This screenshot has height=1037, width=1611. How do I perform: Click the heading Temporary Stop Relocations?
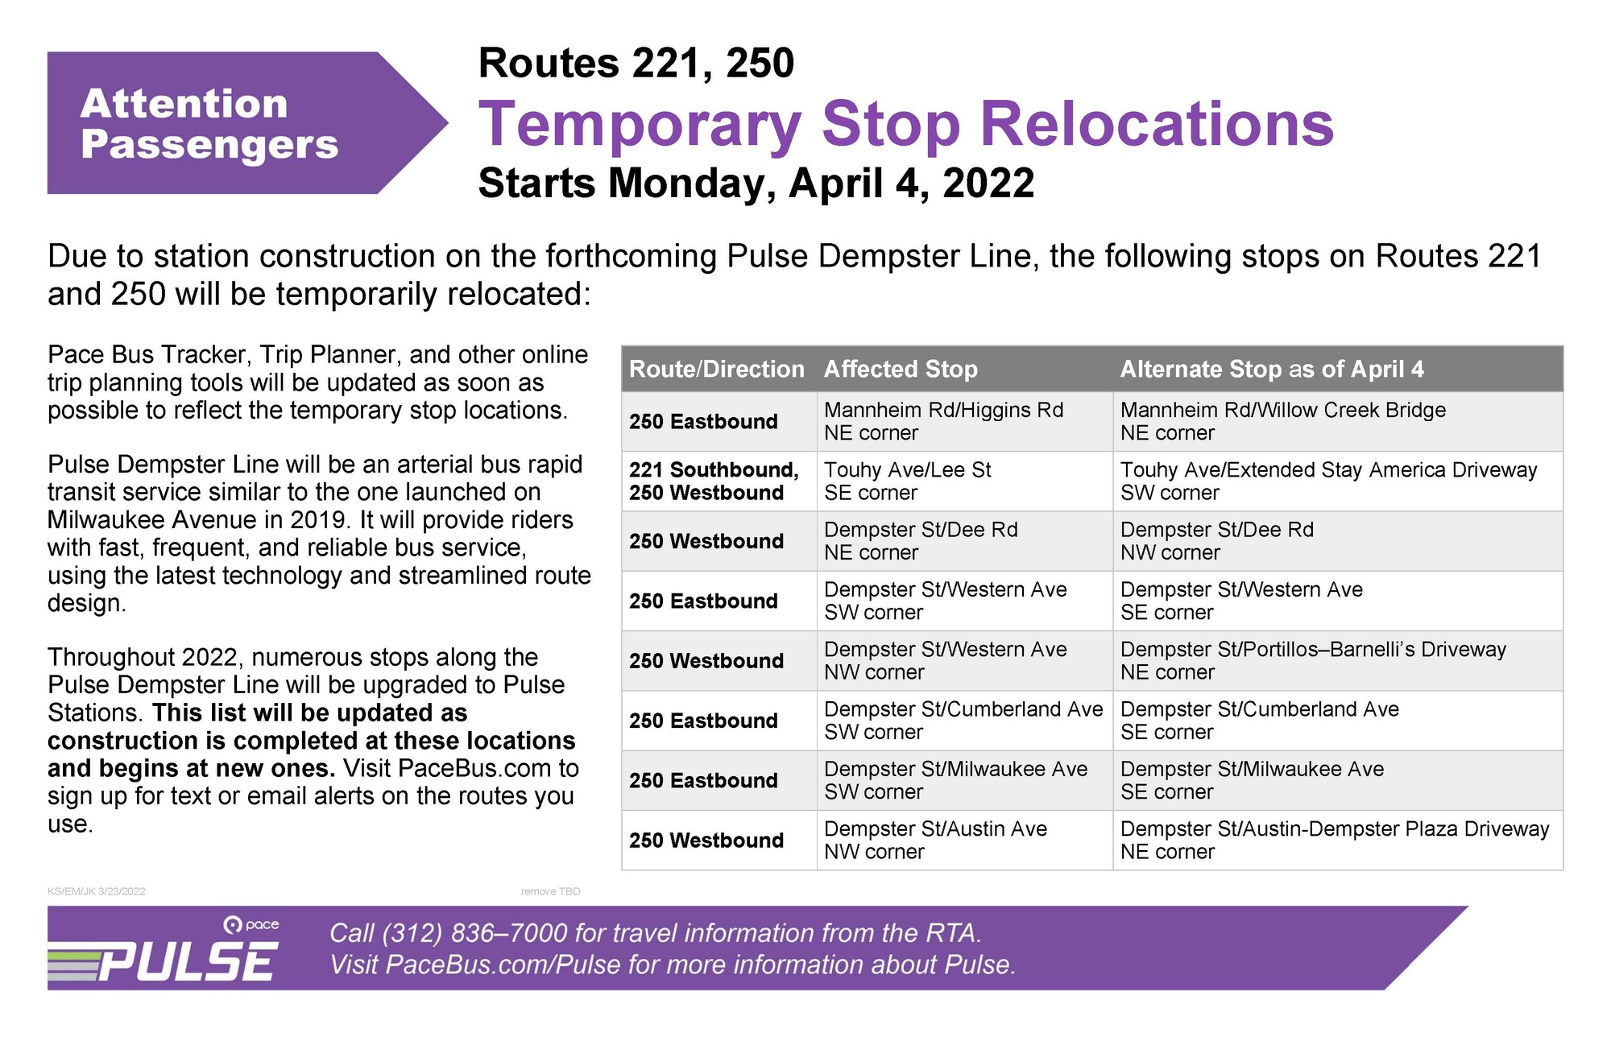(x=905, y=125)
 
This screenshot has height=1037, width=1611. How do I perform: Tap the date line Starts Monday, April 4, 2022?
(x=756, y=184)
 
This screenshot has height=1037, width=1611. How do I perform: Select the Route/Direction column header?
(x=716, y=370)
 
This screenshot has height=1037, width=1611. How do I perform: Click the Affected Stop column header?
(x=901, y=370)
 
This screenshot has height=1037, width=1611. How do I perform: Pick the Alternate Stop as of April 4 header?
(x=1271, y=370)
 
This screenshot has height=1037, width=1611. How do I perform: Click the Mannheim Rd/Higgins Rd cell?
(x=943, y=421)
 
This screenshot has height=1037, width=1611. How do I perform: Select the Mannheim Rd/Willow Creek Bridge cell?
(x=1282, y=421)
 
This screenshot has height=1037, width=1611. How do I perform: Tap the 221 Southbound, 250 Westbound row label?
(x=714, y=481)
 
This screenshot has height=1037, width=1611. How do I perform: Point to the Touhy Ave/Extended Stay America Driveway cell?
(x=1328, y=481)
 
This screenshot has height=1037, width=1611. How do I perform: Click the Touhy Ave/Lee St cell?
(x=907, y=481)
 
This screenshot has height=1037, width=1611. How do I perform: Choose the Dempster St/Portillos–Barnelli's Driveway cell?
(x=1312, y=660)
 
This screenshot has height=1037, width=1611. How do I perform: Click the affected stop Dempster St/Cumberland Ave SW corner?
(x=963, y=720)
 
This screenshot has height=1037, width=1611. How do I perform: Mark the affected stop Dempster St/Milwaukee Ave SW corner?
(x=955, y=780)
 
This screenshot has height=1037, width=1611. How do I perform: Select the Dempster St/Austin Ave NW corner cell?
(x=935, y=840)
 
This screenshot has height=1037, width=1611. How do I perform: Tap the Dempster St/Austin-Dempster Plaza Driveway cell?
(x=1334, y=840)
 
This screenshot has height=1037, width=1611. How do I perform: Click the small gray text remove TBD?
(x=550, y=891)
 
